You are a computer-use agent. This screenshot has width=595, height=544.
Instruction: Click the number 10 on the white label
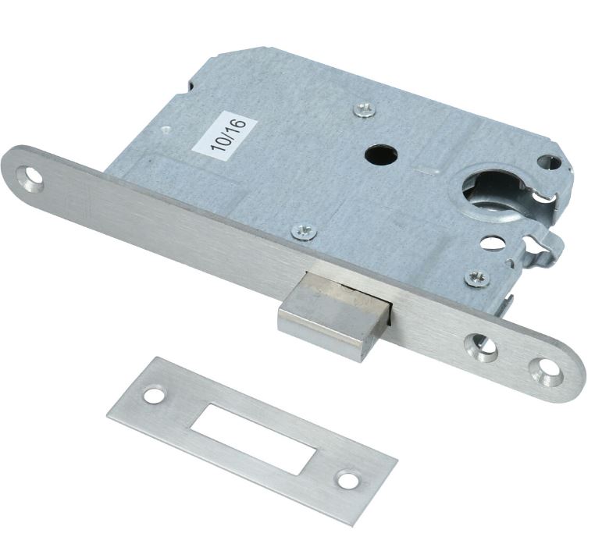(x=220, y=143)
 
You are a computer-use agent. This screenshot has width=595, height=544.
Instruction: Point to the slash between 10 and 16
(x=230, y=135)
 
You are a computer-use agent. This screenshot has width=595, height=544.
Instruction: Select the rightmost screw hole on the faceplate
(x=545, y=372)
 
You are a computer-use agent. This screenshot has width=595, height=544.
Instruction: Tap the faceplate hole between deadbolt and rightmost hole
(x=482, y=347)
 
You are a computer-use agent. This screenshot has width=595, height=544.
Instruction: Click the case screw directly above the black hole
(x=365, y=109)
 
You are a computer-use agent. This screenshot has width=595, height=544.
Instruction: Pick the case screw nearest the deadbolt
(x=305, y=231)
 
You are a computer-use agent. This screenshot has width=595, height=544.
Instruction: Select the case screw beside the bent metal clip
(x=477, y=278)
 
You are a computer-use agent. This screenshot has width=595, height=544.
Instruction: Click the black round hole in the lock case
(x=381, y=155)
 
